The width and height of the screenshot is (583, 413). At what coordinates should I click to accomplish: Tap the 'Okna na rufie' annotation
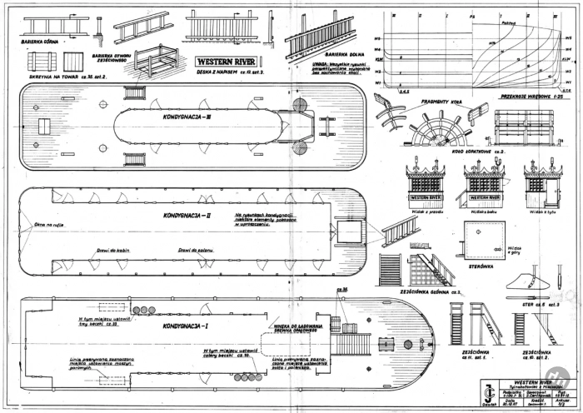49,225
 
